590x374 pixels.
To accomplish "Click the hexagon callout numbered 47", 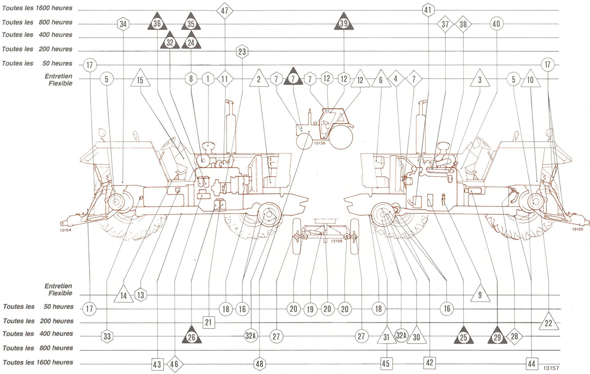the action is point(224,10).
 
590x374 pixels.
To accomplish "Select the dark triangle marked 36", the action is point(157,23).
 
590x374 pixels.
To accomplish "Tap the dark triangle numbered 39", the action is point(343,23).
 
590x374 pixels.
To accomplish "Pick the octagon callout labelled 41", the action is point(427,10).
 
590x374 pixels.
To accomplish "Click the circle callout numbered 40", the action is point(496,24).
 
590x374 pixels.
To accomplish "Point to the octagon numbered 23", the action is point(242,52).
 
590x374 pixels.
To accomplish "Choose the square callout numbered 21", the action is point(208,322).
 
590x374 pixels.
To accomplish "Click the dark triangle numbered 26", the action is point(192,336).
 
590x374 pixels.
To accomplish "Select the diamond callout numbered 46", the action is point(175,364).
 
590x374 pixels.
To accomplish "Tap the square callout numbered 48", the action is point(259,364).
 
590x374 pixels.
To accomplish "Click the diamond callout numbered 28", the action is point(514,336).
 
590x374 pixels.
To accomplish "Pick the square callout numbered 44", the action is point(531,364).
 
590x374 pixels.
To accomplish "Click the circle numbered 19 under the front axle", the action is point(310,309).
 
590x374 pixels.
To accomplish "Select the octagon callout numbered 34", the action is point(123,25).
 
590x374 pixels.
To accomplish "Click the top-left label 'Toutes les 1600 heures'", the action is point(37,8).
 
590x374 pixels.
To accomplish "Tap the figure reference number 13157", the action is point(551,368).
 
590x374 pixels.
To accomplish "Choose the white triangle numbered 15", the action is point(140,79).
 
